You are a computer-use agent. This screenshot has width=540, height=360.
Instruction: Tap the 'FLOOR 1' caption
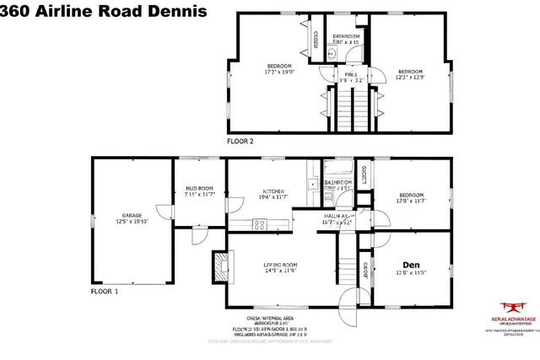[106, 291]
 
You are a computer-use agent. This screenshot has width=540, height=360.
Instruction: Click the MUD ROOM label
[200, 189]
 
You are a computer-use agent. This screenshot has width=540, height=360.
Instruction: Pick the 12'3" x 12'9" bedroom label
[410, 72]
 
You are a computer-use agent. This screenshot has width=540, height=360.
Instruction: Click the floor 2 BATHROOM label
[347, 37]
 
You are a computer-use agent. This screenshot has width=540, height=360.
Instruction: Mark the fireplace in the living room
[220, 267]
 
